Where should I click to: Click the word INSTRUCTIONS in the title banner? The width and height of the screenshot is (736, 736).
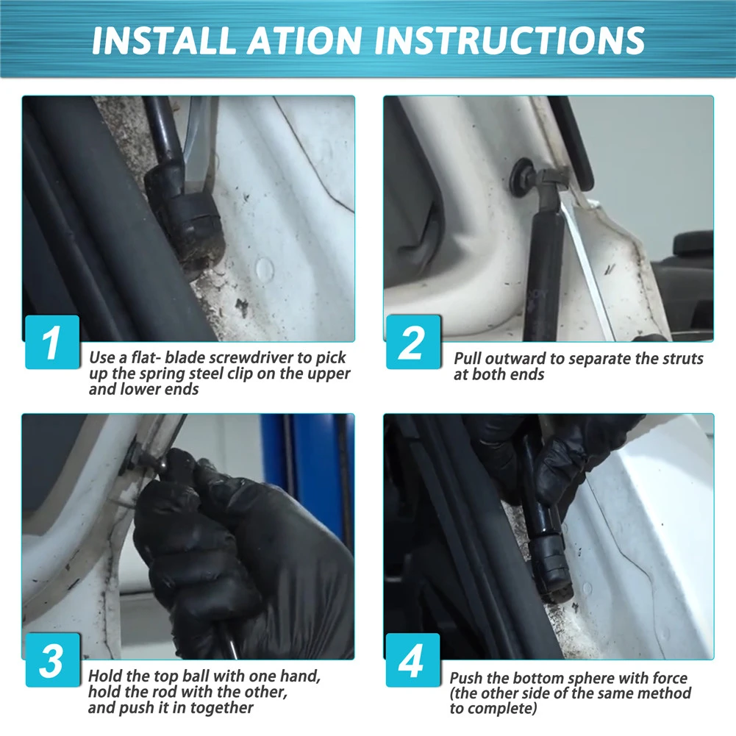pyautogui.click(x=510, y=40)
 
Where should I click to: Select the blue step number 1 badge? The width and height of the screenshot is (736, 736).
pyautogui.click(x=52, y=342)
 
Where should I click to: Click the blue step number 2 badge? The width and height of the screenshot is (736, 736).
pyautogui.click(x=413, y=342)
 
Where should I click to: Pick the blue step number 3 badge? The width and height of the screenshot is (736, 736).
pyautogui.click(x=52, y=660)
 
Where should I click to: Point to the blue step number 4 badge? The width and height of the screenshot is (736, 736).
pyautogui.click(x=413, y=660)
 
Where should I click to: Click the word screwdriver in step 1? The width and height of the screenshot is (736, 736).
pyautogui.click(x=251, y=357)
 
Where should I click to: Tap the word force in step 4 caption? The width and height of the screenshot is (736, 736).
pyautogui.click(x=667, y=678)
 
